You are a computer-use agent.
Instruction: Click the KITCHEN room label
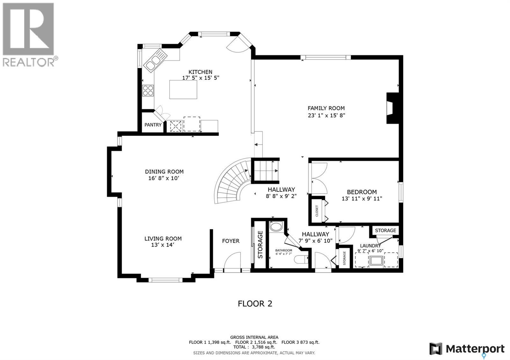click(200, 72)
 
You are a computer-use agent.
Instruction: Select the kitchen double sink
click(155, 60)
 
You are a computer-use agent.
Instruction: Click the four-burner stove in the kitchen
click(148, 90)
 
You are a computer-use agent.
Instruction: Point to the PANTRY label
click(153, 125)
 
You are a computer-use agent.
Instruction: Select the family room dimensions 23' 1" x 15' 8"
click(326, 115)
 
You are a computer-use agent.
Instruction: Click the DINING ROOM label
click(164, 172)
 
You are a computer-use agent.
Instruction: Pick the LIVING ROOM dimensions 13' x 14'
click(163, 245)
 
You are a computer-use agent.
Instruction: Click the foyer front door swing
click(232, 260)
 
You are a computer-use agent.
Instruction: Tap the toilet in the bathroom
click(301, 260)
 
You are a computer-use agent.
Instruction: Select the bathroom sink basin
click(276, 227)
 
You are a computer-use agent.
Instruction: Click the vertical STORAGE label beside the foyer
click(260, 245)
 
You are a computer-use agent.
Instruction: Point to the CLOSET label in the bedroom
click(317, 211)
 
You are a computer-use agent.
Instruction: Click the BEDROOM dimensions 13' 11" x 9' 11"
click(362, 198)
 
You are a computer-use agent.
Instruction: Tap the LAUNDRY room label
click(370, 246)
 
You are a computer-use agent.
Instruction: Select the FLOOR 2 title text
click(255, 304)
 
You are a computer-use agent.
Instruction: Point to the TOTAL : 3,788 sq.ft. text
click(254, 347)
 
